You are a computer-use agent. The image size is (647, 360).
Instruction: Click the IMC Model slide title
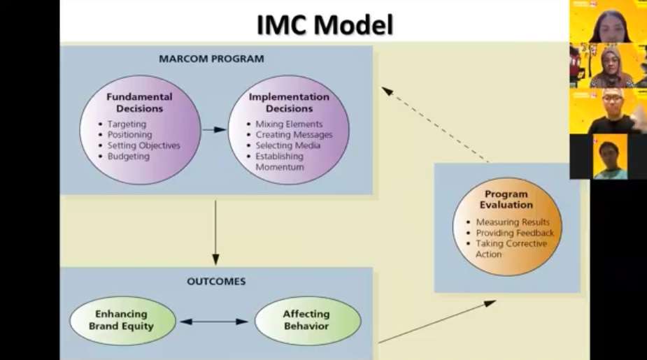pyautogui.click(x=325, y=24)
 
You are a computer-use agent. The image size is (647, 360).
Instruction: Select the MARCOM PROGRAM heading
pyautogui.click(x=211, y=59)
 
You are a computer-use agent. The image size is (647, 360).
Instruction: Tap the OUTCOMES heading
pyautogui.click(x=216, y=281)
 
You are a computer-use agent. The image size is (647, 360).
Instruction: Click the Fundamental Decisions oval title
pyautogui.click(x=139, y=103)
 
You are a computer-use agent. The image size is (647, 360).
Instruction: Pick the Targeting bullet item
pyautogui.click(x=127, y=124)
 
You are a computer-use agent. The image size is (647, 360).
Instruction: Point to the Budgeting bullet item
pyautogui.click(x=128, y=157)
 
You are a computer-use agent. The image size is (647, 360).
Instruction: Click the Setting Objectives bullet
pyautogui.click(x=143, y=145)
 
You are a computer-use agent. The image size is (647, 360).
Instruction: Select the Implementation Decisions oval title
pyautogui.click(x=289, y=103)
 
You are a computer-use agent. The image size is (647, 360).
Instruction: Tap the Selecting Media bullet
pyautogui.click(x=287, y=145)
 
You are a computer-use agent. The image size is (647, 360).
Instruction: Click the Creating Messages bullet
pyautogui.click(x=294, y=135)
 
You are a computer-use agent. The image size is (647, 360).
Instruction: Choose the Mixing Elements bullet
pyautogui.click(x=289, y=124)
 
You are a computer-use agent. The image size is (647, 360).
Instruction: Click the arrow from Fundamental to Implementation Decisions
pyautogui.click(x=214, y=130)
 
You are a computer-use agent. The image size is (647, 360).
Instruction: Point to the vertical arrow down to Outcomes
pyautogui.click(x=215, y=233)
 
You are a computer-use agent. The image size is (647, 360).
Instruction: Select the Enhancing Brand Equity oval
pyautogui.click(x=122, y=320)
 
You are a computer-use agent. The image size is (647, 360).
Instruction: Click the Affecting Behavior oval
pyautogui.click(x=308, y=320)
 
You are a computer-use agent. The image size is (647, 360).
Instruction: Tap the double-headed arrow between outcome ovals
pyautogui.click(x=214, y=322)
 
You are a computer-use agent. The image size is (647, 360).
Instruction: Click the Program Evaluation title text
pyautogui.click(x=506, y=199)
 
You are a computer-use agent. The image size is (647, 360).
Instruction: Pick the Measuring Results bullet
pyautogui.click(x=513, y=222)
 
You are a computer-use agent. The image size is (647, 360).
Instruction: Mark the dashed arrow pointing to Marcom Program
pyautogui.click(x=435, y=124)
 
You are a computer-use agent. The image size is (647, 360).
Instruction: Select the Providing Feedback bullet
pyautogui.click(x=515, y=233)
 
